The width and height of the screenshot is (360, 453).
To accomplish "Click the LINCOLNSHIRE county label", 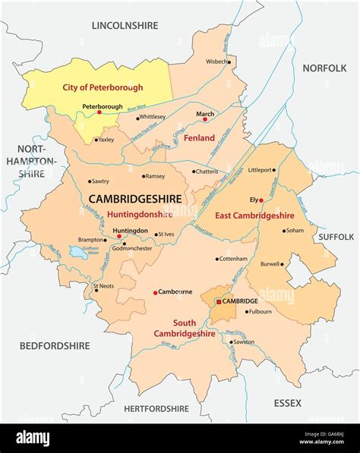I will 125,25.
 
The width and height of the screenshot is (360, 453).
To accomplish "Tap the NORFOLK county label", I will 324,68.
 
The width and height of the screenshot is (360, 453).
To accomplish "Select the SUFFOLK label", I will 336,237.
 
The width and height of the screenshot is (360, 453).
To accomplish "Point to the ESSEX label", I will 288,402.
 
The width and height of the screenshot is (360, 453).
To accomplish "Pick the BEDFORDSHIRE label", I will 55,345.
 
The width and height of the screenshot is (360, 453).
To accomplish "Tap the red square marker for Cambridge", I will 219,301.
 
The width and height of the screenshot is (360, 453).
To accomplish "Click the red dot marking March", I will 204,119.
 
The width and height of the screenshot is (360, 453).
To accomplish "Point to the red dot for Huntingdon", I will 118,237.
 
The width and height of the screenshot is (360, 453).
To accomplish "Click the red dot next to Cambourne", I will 156,292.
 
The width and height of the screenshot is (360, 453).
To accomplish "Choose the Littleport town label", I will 281,171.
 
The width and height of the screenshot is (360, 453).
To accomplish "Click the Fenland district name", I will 200,138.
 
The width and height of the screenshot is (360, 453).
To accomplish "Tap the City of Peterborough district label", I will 102,87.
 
